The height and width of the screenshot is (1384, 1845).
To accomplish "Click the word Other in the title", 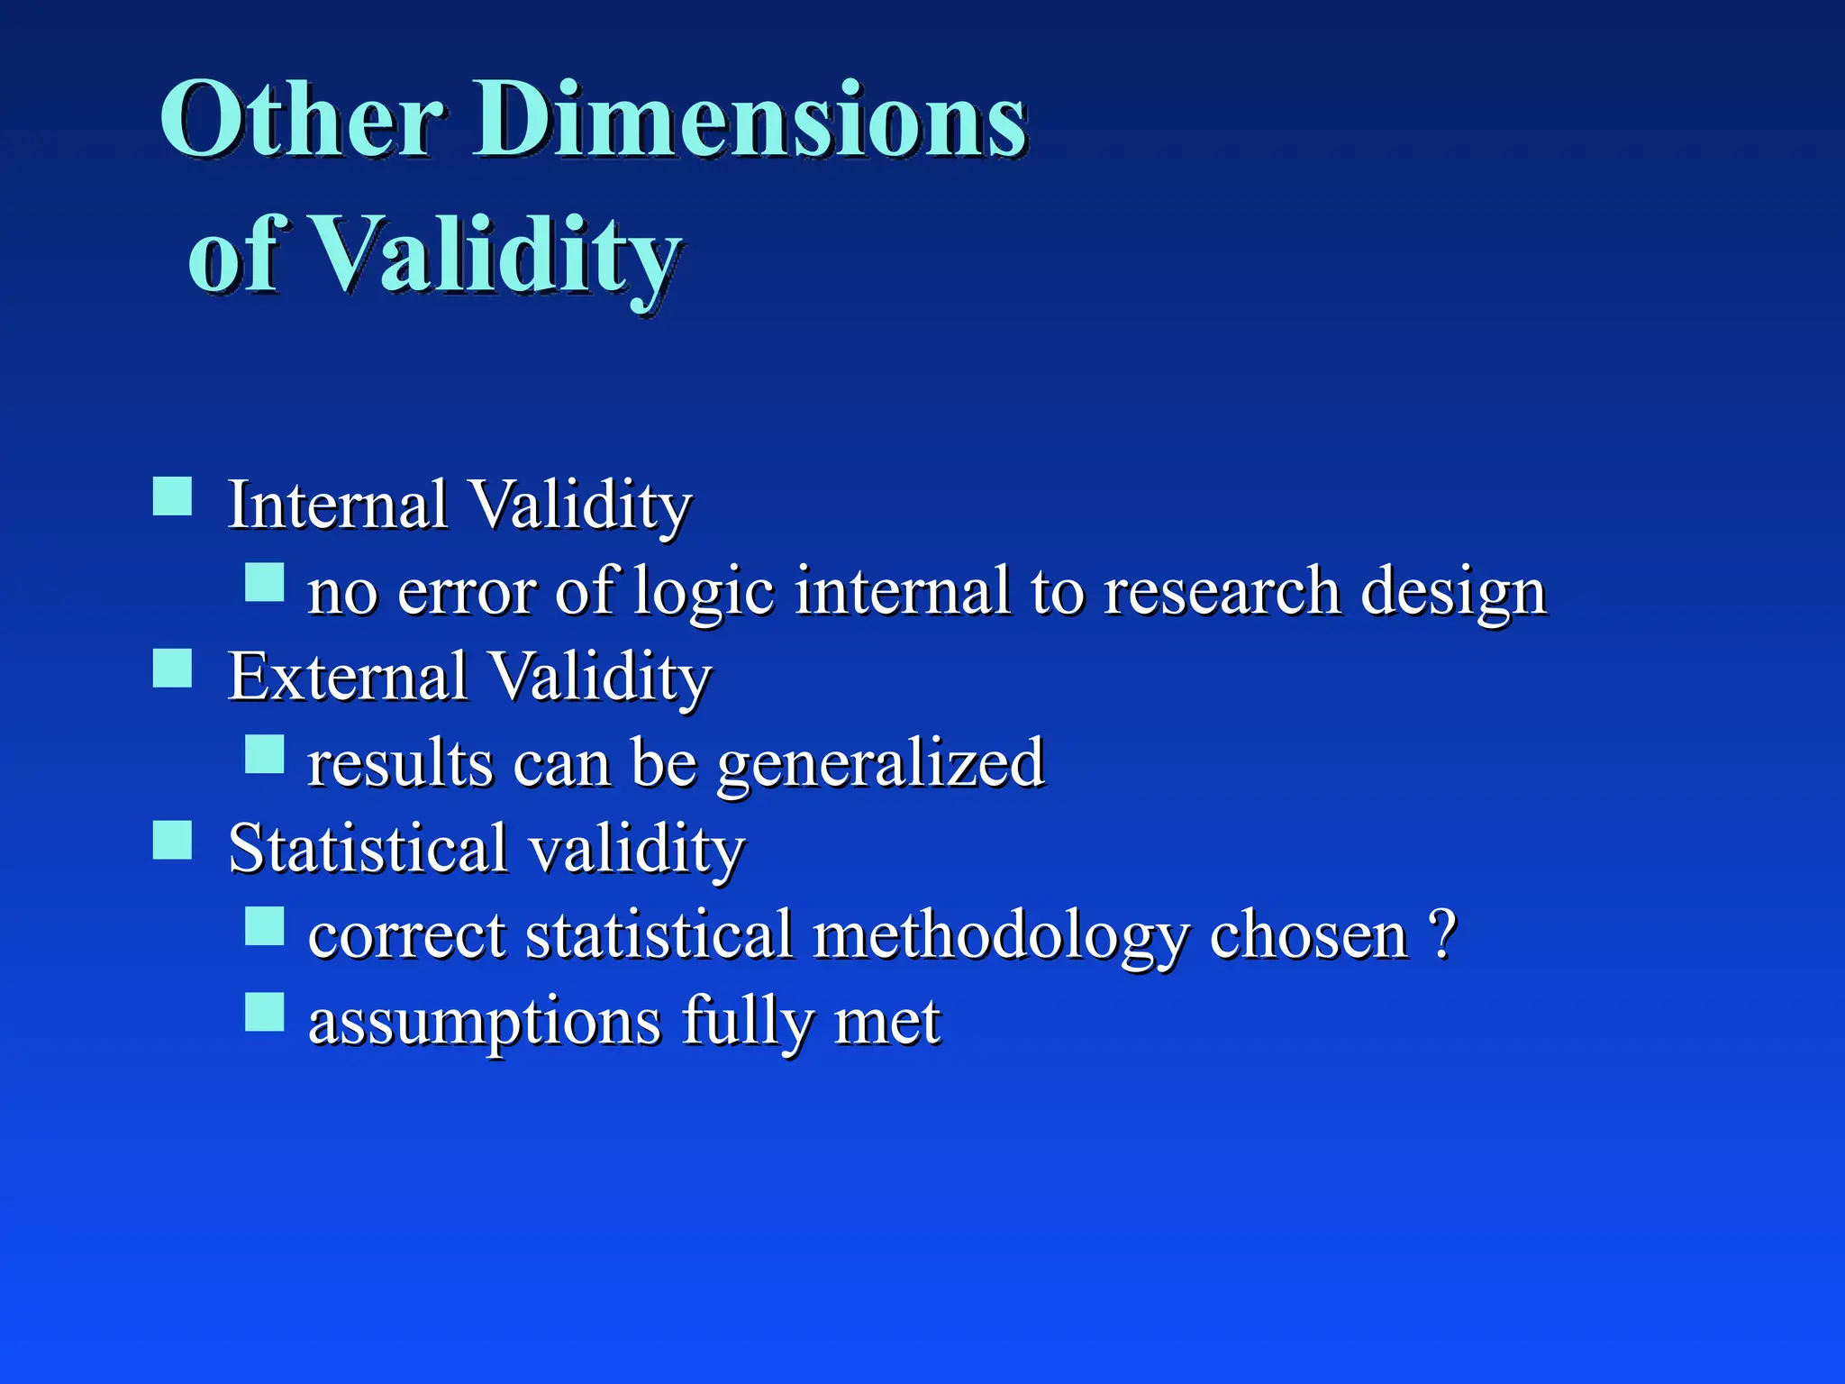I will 302,119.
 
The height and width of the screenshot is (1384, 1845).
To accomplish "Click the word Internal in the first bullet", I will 337,504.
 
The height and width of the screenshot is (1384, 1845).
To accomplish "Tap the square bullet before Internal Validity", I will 172,496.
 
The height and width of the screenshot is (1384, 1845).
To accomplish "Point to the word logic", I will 704,592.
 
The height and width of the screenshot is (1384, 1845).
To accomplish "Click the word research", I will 1222,592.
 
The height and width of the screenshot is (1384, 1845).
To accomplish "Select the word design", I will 1452,592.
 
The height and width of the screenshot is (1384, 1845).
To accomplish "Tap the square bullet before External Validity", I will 172,669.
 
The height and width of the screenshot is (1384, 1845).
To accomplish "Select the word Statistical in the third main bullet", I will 368,848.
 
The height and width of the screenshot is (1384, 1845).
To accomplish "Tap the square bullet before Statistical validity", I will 172,841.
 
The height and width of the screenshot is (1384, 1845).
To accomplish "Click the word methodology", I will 1001,935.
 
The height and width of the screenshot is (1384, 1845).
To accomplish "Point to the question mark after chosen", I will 1442,933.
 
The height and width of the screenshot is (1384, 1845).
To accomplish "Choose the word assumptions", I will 485,1022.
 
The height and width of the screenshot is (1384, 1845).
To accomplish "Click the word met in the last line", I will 886,1022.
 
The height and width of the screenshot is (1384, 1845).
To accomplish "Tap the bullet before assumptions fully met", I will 265,1012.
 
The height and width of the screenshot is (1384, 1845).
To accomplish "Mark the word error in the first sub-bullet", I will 466,592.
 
